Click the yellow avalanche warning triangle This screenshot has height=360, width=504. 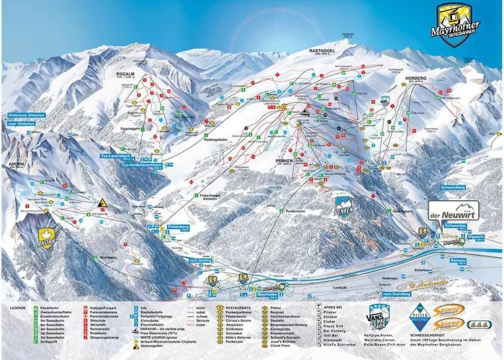click(103, 203)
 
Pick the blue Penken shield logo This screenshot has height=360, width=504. click(344, 208)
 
